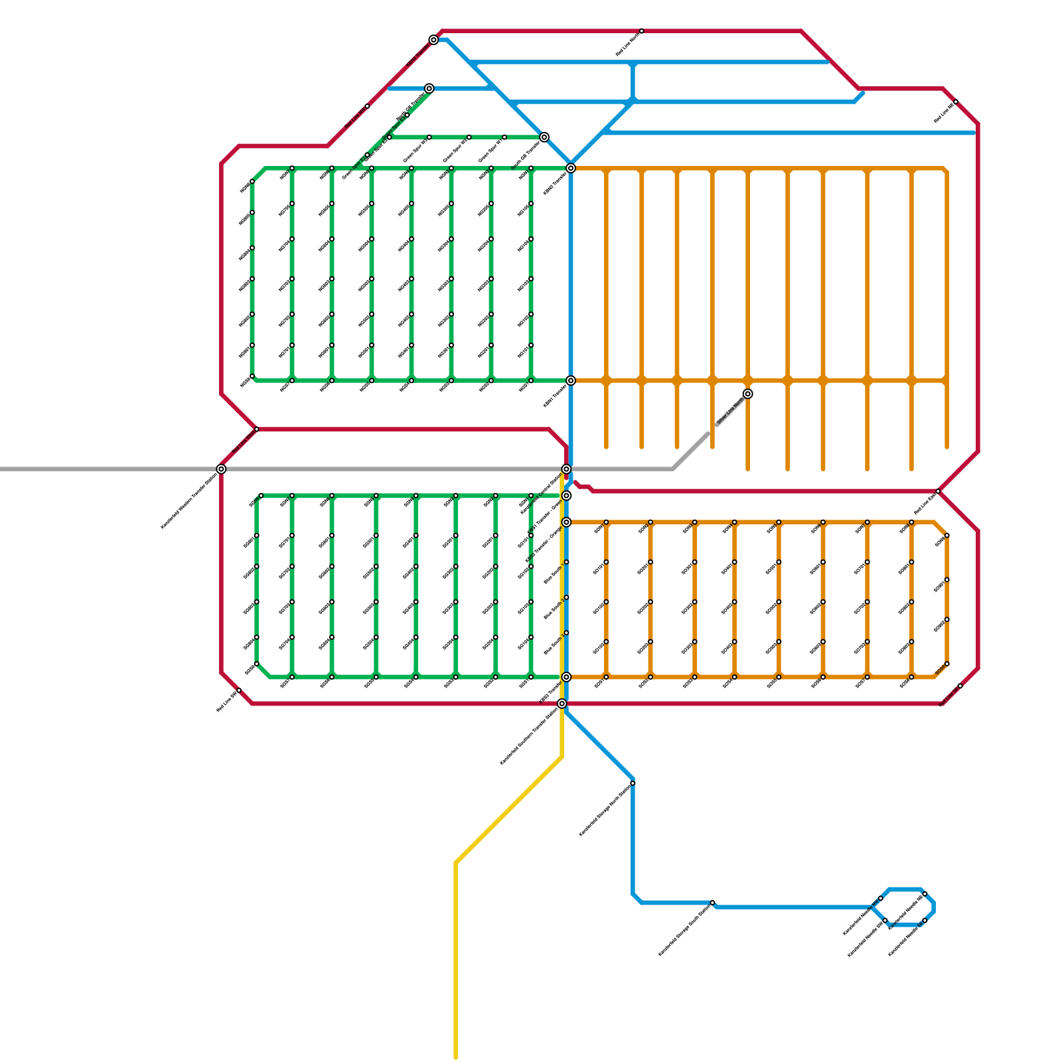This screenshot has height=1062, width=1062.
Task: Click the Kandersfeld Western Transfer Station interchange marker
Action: [221, 469]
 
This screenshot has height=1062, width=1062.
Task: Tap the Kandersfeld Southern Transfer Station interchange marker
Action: [562, 704]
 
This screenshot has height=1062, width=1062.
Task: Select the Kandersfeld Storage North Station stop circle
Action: [633, 783]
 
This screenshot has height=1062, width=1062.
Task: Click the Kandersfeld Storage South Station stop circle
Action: [712, 903]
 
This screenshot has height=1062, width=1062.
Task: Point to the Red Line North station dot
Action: [641, 31]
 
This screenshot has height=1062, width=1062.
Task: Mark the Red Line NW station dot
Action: [367, 106]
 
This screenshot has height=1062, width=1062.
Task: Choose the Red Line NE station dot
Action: [956, 102]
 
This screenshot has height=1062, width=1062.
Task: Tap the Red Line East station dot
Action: [938, 491]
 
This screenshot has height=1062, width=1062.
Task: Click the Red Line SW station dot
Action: [239, 691]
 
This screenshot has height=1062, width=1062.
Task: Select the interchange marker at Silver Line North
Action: [747, 394]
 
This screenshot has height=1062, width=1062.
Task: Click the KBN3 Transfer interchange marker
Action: [571, 168]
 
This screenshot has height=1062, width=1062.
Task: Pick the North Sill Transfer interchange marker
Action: [429, 88]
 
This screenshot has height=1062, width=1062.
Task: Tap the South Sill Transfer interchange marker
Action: [544, 137]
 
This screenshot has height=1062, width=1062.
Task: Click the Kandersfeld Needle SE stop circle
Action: [925, 921]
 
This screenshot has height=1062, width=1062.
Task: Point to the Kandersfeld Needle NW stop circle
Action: [881, 898]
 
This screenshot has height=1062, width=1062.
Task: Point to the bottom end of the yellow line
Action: [456, 1057]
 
